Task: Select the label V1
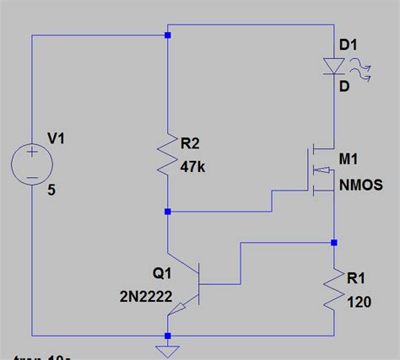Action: [x=57, y=140]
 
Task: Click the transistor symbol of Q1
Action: [x=191, y=287]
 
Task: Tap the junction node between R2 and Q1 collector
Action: [x=167, y=211]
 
